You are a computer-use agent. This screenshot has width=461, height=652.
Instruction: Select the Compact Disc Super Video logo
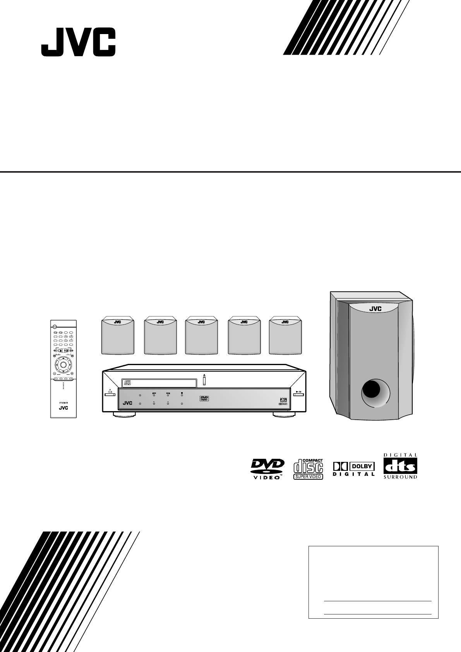308,468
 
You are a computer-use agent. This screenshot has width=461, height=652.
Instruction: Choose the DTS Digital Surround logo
400,466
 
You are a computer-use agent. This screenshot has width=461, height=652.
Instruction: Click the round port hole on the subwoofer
375,394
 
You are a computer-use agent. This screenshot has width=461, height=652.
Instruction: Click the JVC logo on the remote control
63,408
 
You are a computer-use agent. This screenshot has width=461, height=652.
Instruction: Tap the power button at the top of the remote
55,326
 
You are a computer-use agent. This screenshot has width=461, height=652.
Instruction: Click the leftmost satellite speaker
118,336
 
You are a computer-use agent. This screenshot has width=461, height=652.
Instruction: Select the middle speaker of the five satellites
201,336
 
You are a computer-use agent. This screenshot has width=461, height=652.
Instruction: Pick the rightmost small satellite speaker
285,336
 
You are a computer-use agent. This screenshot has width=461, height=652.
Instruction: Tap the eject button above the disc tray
204,380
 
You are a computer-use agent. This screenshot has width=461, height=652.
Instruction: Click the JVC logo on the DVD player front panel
127,403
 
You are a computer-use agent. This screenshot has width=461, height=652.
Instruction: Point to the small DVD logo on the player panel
204,398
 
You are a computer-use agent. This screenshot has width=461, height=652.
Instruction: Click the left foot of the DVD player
125,415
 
